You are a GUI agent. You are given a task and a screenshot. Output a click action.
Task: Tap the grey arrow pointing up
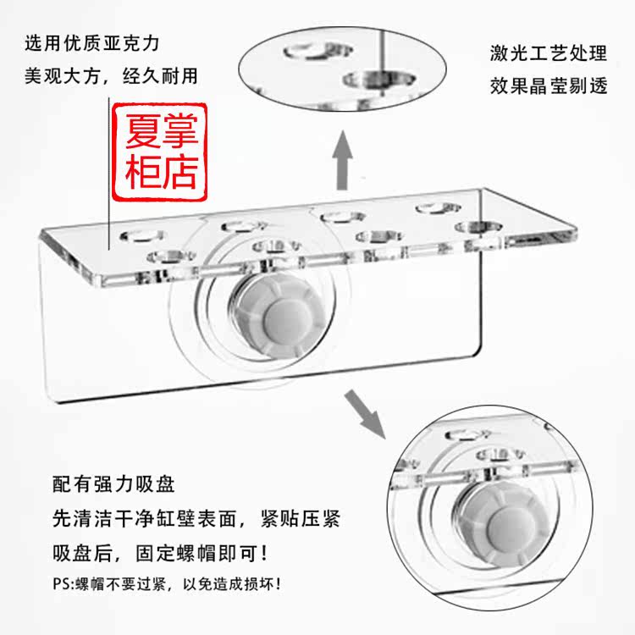click(x=340, y=161)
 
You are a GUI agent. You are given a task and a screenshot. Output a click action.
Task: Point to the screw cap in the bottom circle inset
click(x=492, y=516)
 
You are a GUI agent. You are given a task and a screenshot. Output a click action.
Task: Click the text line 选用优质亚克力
click(x=92, y=41)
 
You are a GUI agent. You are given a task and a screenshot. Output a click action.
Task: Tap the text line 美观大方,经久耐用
click(x=111, y=75)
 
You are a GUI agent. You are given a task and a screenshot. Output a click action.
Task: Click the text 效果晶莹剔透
click(x=548, y=86)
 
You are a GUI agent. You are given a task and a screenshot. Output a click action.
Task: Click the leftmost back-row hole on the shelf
click(x=141, y=233)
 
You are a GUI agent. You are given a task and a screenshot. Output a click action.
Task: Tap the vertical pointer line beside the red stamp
click(x=108, y=169)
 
